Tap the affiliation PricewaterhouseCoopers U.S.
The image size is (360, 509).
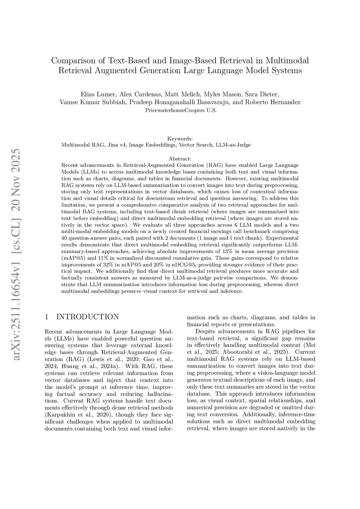point(181,110)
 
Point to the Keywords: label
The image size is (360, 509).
point(180,139)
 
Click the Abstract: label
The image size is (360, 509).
point(180,159)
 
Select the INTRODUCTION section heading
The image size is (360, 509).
point(88,317)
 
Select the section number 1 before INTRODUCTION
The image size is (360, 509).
point(47,317)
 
